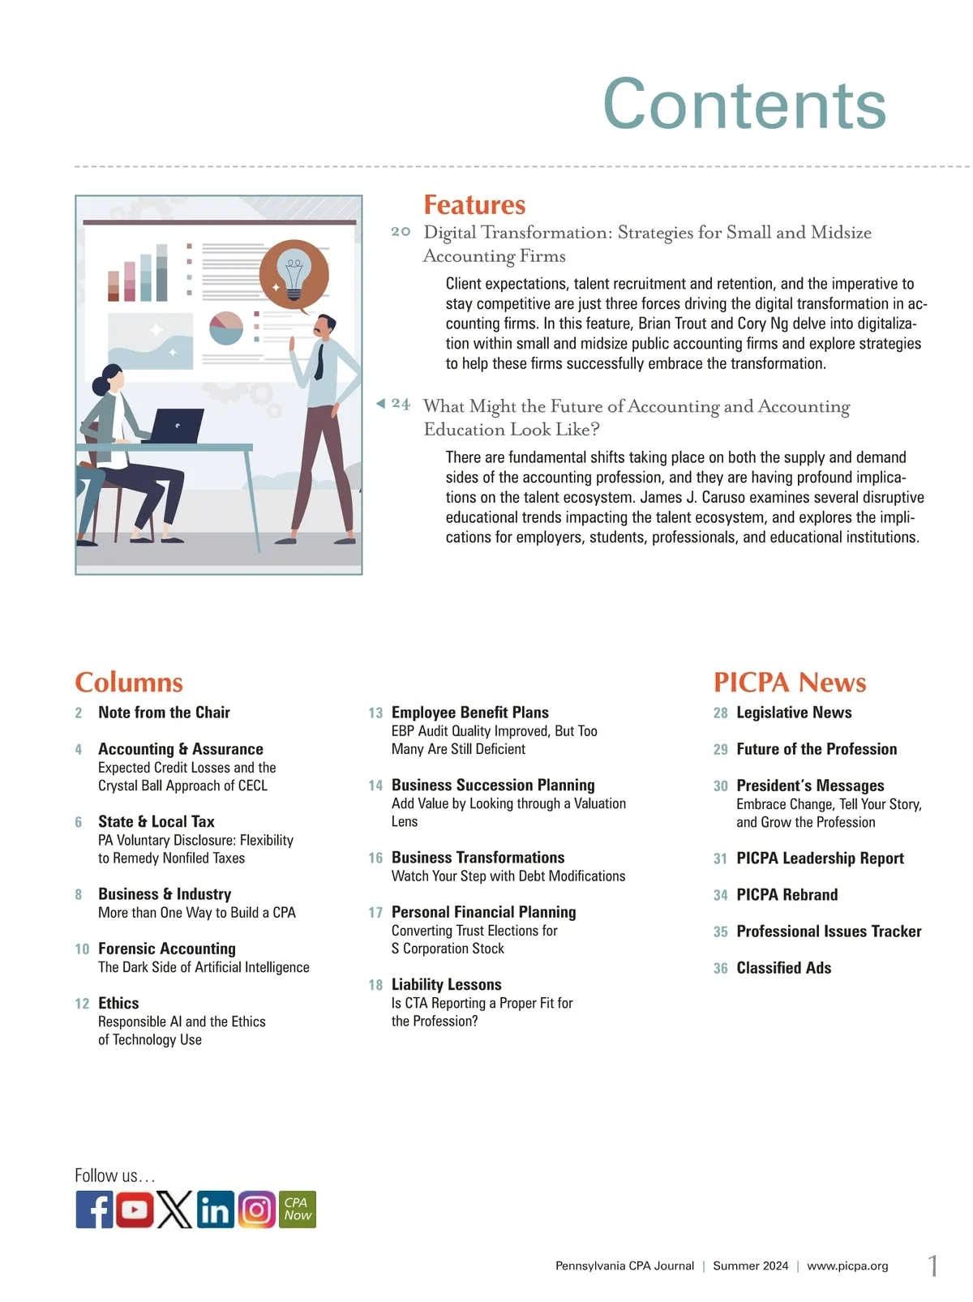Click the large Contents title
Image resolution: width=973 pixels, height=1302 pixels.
click(x=744, y=104)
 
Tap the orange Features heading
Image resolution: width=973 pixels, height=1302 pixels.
click(x=474, y=204)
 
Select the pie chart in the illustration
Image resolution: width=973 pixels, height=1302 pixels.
click(x=226, y=328)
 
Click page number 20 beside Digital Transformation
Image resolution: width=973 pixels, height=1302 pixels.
click(x=401, y=232)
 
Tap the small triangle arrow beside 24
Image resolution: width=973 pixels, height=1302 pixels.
click(x=380, y=404)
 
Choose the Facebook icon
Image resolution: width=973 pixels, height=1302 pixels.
click(x=95, y=1210)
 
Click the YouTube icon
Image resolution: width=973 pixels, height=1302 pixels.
click(x=135, y=1210)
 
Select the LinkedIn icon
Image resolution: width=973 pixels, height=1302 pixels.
click(x=215, y=1210)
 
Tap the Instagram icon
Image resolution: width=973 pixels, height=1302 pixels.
click(x=256, y=1210)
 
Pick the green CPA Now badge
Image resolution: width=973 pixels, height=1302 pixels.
click(x=297, y=1210)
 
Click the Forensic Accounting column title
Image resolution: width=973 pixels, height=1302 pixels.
click(x=167, y=949)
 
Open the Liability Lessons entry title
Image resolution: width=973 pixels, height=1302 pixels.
click(x=446, y=984)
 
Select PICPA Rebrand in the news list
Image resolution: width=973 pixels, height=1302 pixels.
click(x=787, y=894)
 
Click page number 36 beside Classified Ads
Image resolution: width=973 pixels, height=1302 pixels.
click(x=720, y=968)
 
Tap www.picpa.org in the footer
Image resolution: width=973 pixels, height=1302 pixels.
click(x=847, y=1266)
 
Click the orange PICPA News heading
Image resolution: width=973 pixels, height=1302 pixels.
click(x=790, y=682)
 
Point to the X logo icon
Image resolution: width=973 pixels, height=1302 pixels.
click(x=174, y=1210)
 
